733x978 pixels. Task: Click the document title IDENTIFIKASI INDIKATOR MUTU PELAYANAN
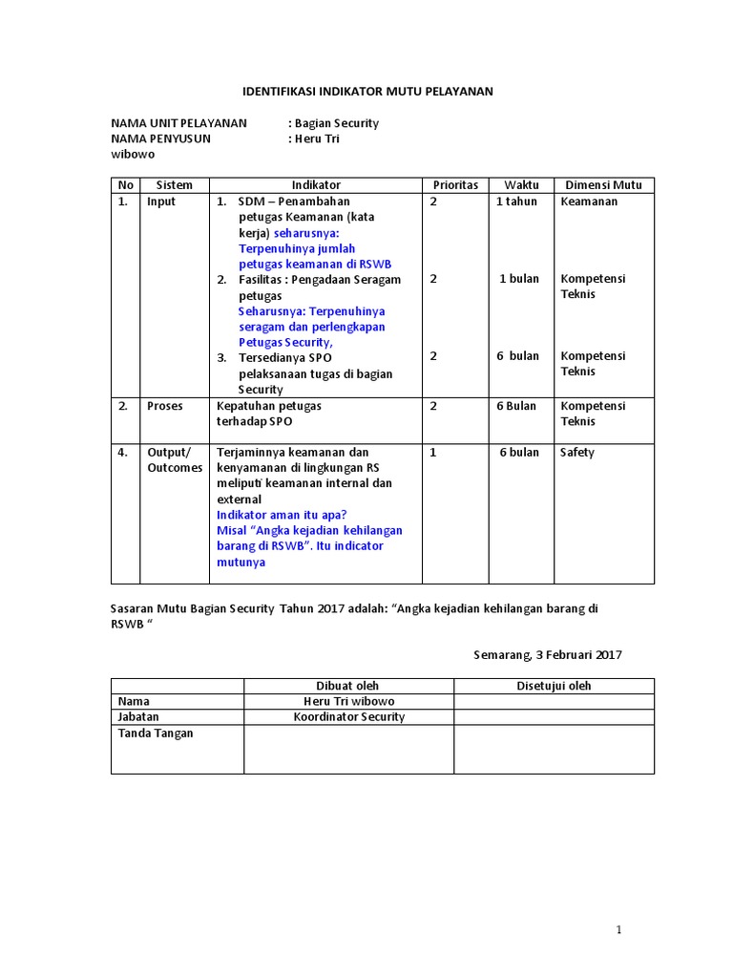[x=366, y=92]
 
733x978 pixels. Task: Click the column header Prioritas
[x=455, y=185]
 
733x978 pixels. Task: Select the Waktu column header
[x=522, y=185]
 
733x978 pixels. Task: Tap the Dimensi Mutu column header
[x=604, y=185]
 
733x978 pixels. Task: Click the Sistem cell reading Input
[x=161, y=202]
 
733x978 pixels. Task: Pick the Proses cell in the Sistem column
[x=164, y=406]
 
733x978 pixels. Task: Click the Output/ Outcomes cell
[x=174, y=460]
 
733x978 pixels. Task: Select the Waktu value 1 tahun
[x=516, y=202]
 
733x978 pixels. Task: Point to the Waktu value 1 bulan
[x=519, y=279]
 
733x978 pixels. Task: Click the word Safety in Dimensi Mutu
[x=577, y=453]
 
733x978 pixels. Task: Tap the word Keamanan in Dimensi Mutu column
[x=589, y=202]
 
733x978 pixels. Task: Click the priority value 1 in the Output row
[x=433, y=453]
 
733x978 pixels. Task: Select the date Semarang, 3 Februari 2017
[x=548, y=654]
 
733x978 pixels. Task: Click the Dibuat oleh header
[x=347, y=686]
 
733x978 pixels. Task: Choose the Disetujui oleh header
[x=554, y=686]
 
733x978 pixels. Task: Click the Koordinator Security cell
[x=348, y=716]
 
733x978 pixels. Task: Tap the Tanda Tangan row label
[x=155, y=733]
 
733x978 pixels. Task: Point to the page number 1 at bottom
[x=618, y=929]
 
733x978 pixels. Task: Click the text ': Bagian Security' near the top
[x=333, y=123]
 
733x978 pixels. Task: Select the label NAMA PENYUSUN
[x=160, y=138]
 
